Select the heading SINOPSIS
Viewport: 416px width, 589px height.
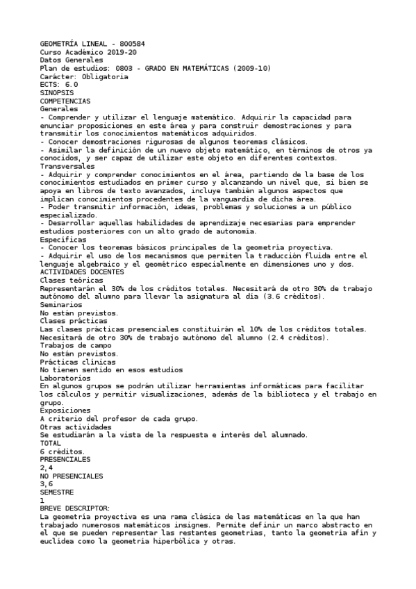[56, 93]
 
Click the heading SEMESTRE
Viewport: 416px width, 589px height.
[58, 492]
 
